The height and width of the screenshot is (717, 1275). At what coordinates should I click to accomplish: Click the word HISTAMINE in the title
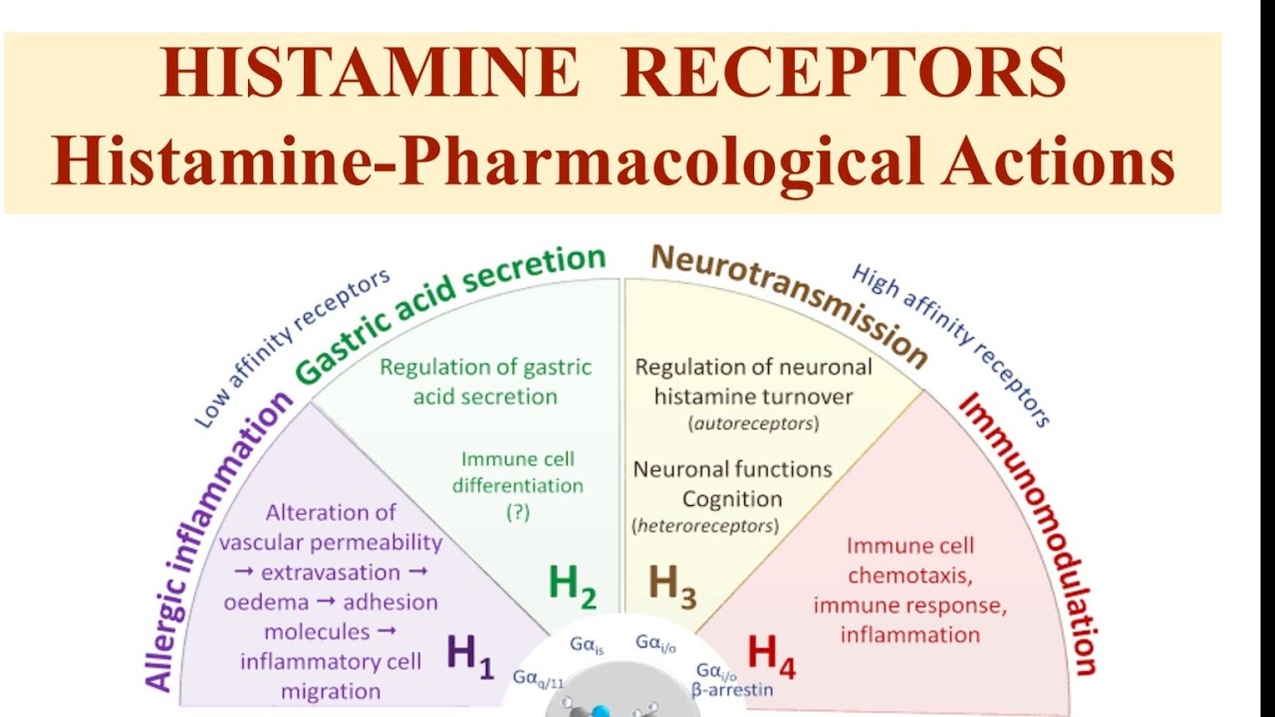pos(371,74)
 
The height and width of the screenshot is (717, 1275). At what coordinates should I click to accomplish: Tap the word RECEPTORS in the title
pos(843,74)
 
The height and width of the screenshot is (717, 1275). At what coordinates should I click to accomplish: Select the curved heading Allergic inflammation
pos(218,539)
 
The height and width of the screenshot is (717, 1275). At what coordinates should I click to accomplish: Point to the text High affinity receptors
pos(950,345)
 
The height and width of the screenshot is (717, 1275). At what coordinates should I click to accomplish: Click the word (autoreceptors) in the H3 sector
pos(753,424)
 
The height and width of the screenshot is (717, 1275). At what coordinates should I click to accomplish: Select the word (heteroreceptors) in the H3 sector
pos(705,526)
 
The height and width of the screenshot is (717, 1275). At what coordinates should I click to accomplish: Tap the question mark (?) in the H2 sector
pos(517,512)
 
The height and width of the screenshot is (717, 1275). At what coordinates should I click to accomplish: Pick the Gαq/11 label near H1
pos(539,678)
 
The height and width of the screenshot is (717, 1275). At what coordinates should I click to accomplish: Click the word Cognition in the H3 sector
pos(731,498)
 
